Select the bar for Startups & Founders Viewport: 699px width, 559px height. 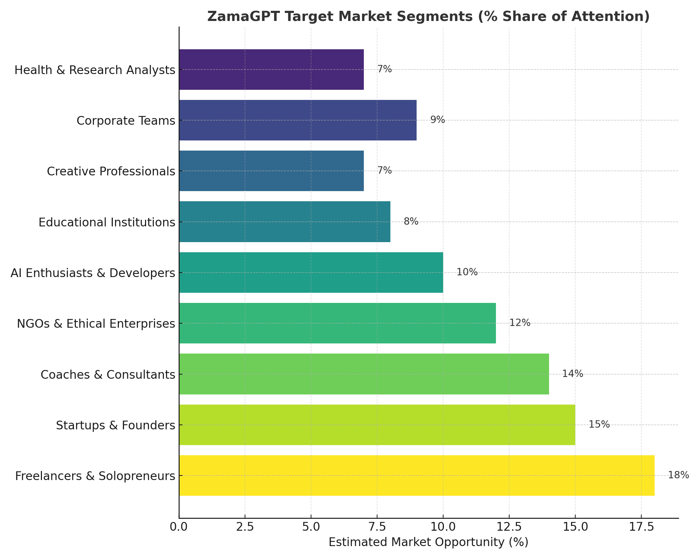[x=377, y=425]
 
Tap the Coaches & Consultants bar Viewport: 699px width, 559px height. [x=364, y=374]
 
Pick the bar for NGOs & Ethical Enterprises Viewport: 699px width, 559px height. [x=337, y=323]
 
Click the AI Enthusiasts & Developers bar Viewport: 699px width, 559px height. [x=311, y=273]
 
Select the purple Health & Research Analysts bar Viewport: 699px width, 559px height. [x=271, y=70]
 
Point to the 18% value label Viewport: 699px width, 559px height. [x=678, y=475]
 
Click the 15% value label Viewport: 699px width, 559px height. [x=599, y=424]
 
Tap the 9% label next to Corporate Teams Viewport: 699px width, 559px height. [x=437, y=120]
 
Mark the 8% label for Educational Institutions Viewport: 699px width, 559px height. [x=411, y=222]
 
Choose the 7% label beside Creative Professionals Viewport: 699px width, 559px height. [x=384, y=170]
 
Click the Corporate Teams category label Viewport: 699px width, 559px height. [x=125, y=121]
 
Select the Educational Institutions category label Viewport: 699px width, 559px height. [x=107, y=222]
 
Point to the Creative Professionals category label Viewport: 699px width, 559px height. [x=111, y=172]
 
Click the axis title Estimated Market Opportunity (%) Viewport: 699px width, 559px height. [x=428, y=543]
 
